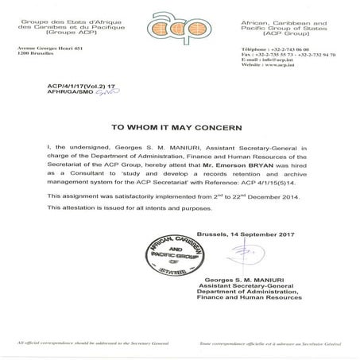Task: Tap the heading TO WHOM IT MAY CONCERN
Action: click(x=180, y=126)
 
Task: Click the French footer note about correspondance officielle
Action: click(x=285, y=348)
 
